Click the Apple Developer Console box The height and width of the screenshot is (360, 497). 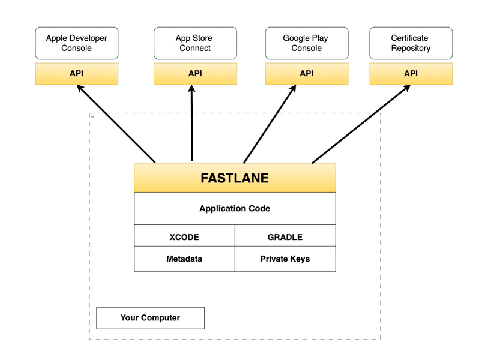pyautogui.click(x=77, y=43)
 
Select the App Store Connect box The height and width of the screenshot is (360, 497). pyautogui.click(x=195, y=43)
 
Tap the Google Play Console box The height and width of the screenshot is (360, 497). pyautogui.click(x=307, y=43)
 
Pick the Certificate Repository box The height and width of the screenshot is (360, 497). pyautogui.click(x=411, y=43)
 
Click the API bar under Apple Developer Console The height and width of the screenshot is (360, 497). pyautogui.click(x=77, y=74)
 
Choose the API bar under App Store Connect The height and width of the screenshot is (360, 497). pyautogui.click(x=195, y=74)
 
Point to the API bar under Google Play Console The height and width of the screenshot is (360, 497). pyautogui.click(x=307, y=74)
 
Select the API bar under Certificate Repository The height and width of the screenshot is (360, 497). pyautogui.click(x=411, y=74)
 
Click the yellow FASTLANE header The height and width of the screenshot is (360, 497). pyautogui.click(x=235, y=178)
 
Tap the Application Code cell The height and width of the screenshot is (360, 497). pyautogui.click(x=235, y=209)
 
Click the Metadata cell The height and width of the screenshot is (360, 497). pyautogui.click(x=184, y=259)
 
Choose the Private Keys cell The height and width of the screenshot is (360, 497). pyautogui.click(x=285, y=259)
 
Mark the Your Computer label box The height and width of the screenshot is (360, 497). pyautogui.click(x=150, y=318)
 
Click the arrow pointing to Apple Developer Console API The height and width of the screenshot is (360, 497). pyautogui.click(x=116, y=124)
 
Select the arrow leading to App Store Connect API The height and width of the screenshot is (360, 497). pyautogui.click(x=191, y=123)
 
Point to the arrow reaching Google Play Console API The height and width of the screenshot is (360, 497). pyautogui.click(x=270, y=124)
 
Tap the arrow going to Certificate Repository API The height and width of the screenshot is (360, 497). pyautogui.click(x=361, y=124)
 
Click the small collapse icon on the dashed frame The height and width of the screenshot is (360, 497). pyautogui.click(x=92, y=116)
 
